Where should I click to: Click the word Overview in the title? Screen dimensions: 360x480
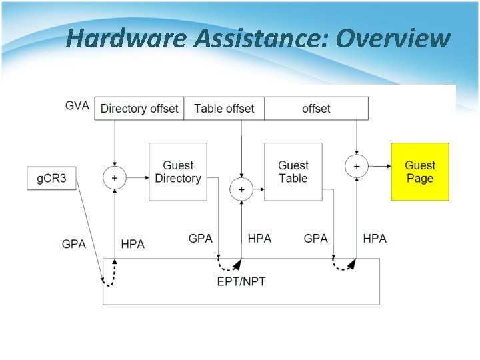[393, 39]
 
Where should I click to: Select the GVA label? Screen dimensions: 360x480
[77, 106]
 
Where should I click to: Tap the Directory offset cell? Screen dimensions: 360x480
[139, 109]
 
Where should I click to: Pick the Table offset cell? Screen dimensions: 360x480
[224, 109]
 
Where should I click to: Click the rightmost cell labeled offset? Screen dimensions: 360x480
[316, 109]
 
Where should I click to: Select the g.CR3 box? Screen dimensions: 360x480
[51, 179]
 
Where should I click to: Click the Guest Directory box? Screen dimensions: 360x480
[177, 172]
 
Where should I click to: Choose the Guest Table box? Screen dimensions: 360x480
[293, 172]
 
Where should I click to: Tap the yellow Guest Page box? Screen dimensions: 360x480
[419, 172]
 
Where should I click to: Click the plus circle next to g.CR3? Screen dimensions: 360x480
[115, 178]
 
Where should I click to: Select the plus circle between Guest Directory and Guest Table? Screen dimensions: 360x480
[241, 190]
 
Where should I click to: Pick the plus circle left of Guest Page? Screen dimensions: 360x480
[357, 165]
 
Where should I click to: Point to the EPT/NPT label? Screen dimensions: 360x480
[241, 281]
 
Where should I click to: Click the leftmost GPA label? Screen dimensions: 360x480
[73, 244]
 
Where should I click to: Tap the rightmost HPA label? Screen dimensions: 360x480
[375, 238]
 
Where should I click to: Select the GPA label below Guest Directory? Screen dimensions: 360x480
[201, 238]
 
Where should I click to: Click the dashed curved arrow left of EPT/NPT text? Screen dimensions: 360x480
[229, 265]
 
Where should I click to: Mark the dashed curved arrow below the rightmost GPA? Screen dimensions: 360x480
[343, 265]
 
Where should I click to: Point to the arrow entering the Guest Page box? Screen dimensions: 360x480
[380, 165]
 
